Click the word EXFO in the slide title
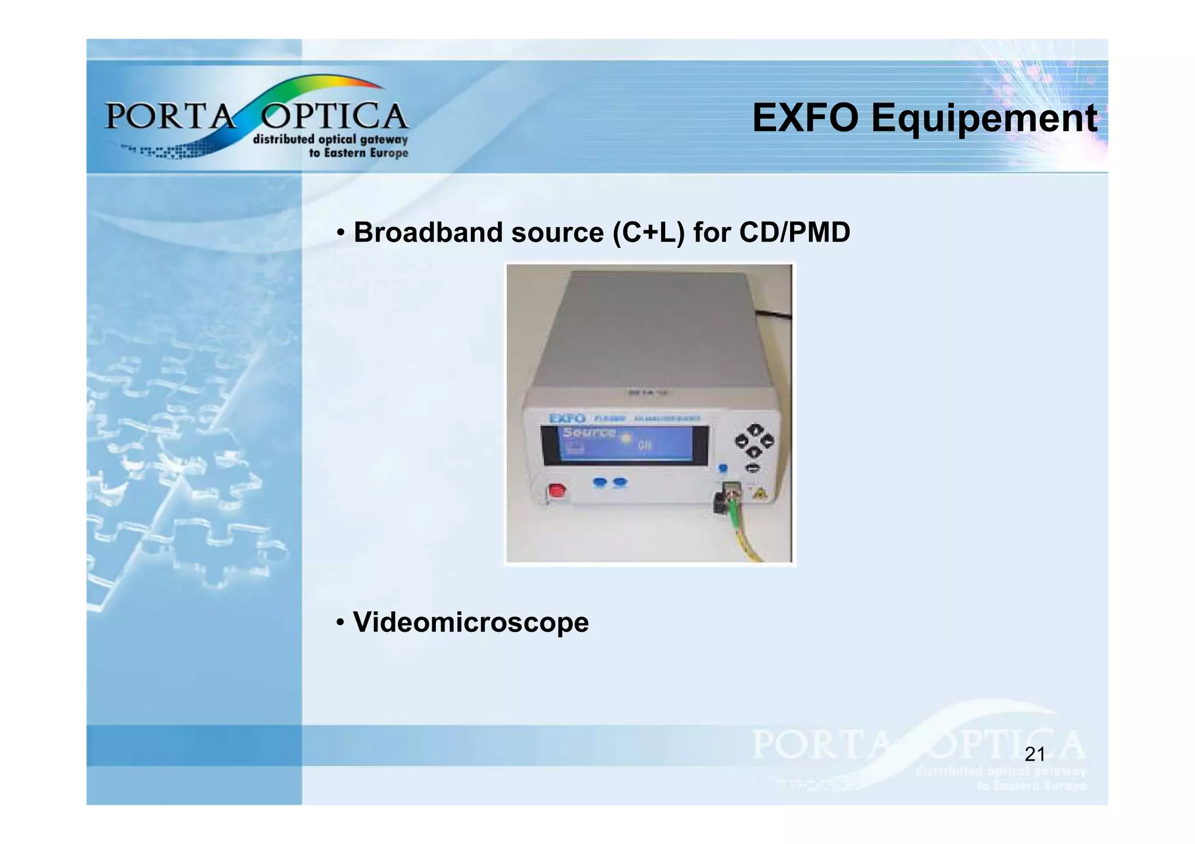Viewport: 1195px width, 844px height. click(x=805, y=118)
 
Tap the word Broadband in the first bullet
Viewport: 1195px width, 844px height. click(x=428, y=233)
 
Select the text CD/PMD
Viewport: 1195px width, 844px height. click(x=794, y=233)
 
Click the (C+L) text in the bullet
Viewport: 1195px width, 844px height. click(x=648, y=233)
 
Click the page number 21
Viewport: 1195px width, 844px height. click(x=1035, y=754)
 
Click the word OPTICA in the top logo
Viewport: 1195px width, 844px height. click(x=334, y=116)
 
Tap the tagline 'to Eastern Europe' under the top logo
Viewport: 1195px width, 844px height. click(x=358, y=153)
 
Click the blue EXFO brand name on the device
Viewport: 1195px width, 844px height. click(x=567, y=418)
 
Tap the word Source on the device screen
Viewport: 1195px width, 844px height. click(x=589, y=433)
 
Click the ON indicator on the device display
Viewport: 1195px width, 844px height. click(x=644, y=446)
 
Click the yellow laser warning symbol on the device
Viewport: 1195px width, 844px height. click(x=759, y=494)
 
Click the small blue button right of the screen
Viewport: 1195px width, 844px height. click(x=723, y=468)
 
